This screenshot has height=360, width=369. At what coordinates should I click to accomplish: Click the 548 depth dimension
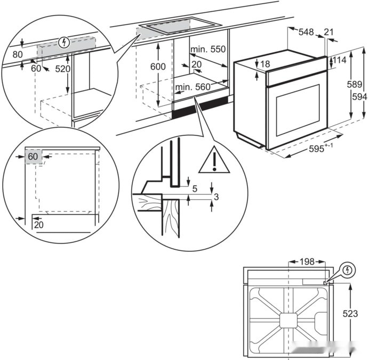(306, 32)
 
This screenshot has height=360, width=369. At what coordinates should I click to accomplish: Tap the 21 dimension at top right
(329, 32)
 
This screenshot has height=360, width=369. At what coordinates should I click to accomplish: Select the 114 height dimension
(340, 60)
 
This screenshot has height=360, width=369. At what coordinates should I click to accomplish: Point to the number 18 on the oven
(266, 64)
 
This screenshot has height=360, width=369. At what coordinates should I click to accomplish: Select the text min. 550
(208, 50)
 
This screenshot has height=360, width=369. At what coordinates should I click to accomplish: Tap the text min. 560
(192, 87)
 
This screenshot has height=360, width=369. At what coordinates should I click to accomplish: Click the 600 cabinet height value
(158, 67)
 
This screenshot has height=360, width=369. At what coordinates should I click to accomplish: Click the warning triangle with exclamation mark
(214, 160)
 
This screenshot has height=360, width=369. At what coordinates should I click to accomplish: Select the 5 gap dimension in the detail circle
(194, 188)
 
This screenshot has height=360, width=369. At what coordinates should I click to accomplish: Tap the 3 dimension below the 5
(216, 197)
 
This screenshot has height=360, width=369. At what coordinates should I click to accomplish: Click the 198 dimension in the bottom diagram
(307, 261)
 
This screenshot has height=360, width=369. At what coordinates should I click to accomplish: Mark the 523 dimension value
(350, 314)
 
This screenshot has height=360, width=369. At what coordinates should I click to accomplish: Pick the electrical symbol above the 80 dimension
(65, 42)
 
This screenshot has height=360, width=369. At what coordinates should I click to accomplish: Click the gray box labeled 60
(33, 157)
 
